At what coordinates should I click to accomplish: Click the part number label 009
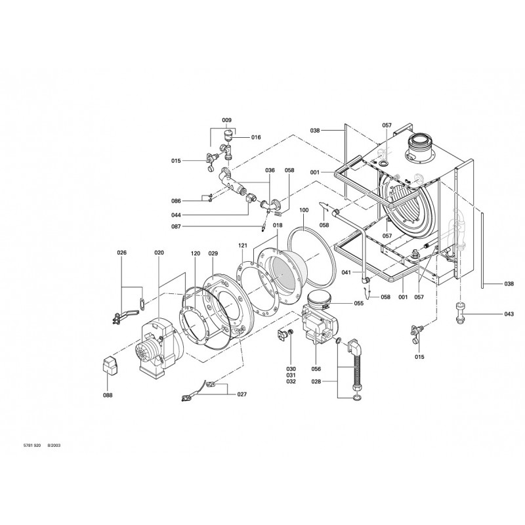(226, 120)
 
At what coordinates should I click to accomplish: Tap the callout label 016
(256, 137)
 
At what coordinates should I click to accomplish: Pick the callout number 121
(243, 245)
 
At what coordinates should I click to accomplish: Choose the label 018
(278, 225)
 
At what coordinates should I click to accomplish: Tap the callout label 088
(108, 395)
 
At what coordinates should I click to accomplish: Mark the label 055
(358, 303)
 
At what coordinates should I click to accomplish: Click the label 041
(348, 272)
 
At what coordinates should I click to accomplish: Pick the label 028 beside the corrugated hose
(334, 381)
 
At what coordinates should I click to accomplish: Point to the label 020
(158, 253)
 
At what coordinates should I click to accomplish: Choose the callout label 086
(177, 201)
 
